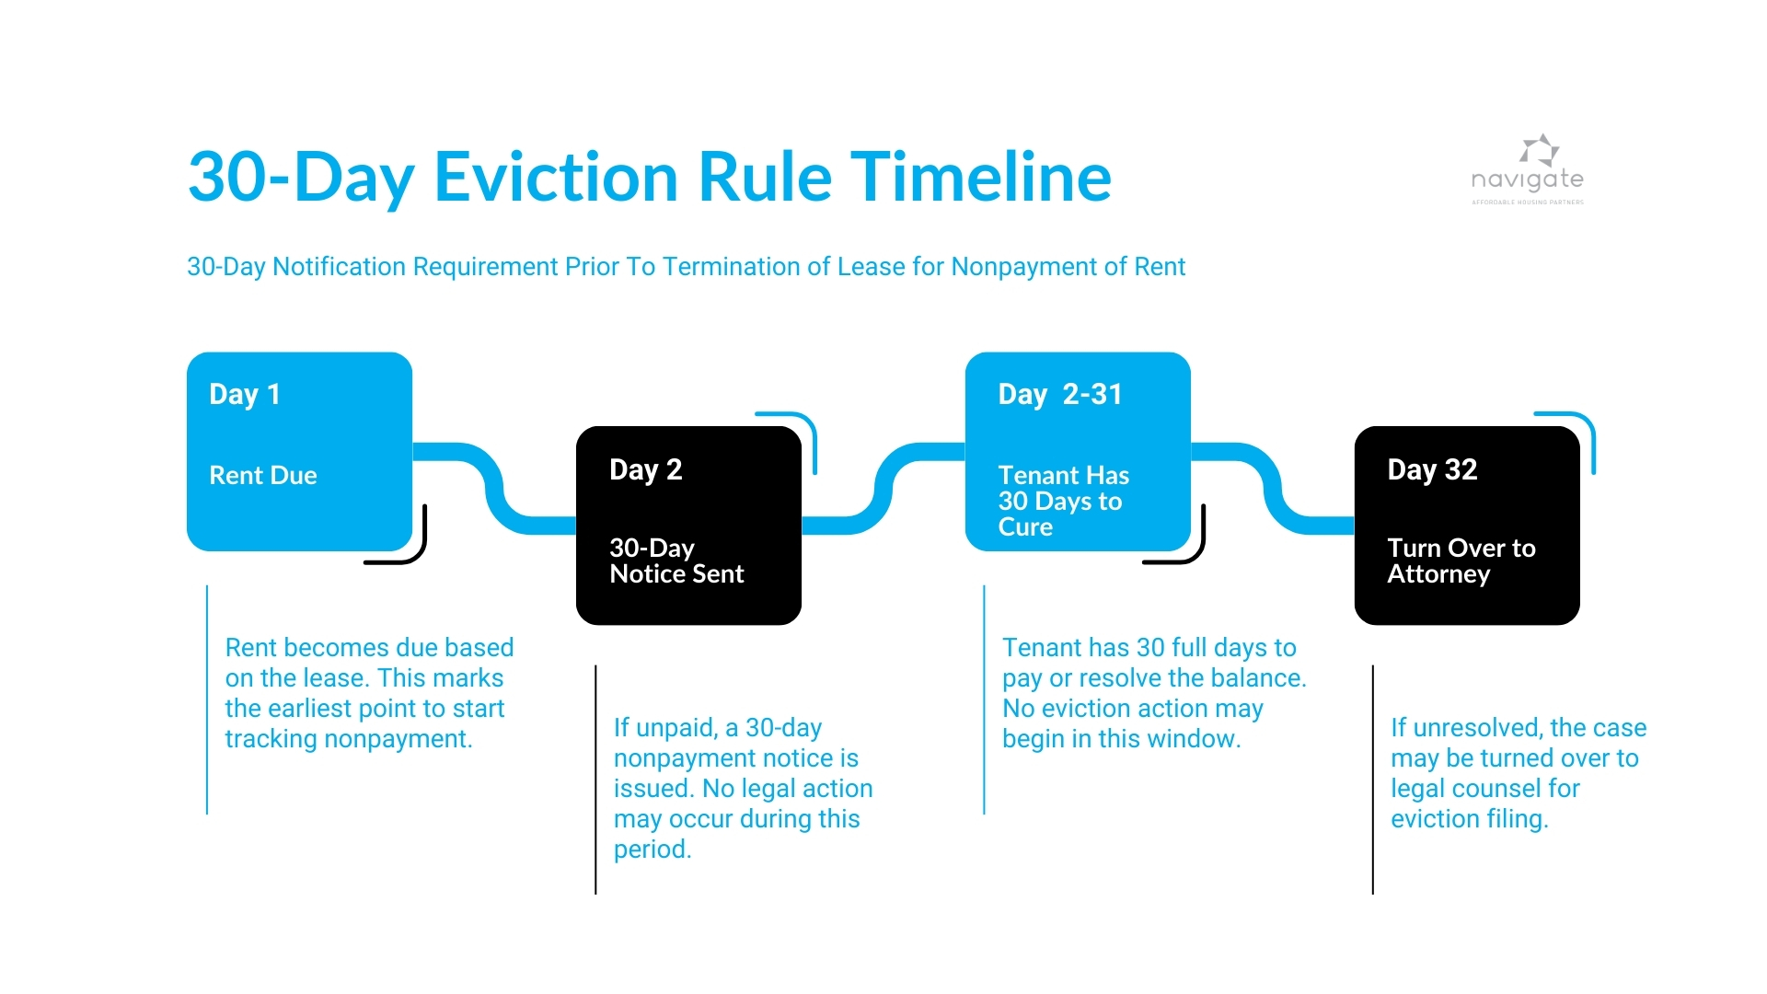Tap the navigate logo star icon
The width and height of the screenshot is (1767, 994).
point(1539,150)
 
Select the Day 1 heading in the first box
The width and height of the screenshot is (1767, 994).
point(245,395)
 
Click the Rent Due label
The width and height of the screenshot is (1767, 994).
point(263,476)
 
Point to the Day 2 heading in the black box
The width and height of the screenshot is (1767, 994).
point(645,470)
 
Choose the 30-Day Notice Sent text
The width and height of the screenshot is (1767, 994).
point(676,561)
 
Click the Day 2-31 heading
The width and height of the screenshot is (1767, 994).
point(1060,395)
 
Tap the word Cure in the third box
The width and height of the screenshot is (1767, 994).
point(1025,527)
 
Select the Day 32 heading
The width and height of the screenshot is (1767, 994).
point(1432,470)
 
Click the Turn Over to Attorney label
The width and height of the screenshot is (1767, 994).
point(1461,561)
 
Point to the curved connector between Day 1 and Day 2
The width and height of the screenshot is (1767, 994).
point(493,488)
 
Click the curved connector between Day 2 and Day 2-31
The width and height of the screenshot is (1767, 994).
point(883,488)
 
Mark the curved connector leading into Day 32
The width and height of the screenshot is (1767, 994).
point(1273,488)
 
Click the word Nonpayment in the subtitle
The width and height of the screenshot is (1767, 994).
point(1007,267)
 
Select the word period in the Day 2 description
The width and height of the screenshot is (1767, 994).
point(652,850)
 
